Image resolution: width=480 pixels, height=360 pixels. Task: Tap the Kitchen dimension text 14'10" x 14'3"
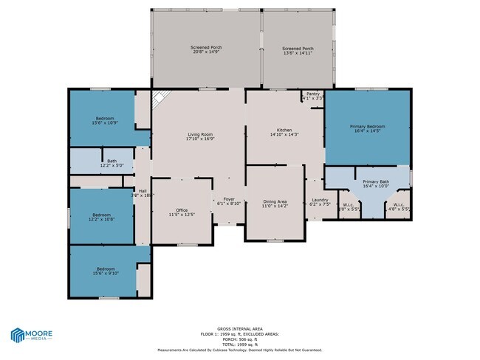(284, 135)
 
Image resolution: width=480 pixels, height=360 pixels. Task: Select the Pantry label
(313, 94)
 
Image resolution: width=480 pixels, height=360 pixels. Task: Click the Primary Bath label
(375, 181)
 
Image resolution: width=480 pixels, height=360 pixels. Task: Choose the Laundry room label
(320, 200)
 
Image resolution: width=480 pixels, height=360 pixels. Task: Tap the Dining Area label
(275, 201)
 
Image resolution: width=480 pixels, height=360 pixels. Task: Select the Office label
(182, 210)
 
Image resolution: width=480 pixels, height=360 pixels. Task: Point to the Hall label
(143, 191)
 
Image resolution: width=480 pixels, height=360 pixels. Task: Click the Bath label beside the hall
(112, 161)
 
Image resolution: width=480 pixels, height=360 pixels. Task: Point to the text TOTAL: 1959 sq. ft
(240, 345)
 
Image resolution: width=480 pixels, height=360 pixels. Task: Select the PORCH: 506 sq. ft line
(240, 340)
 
